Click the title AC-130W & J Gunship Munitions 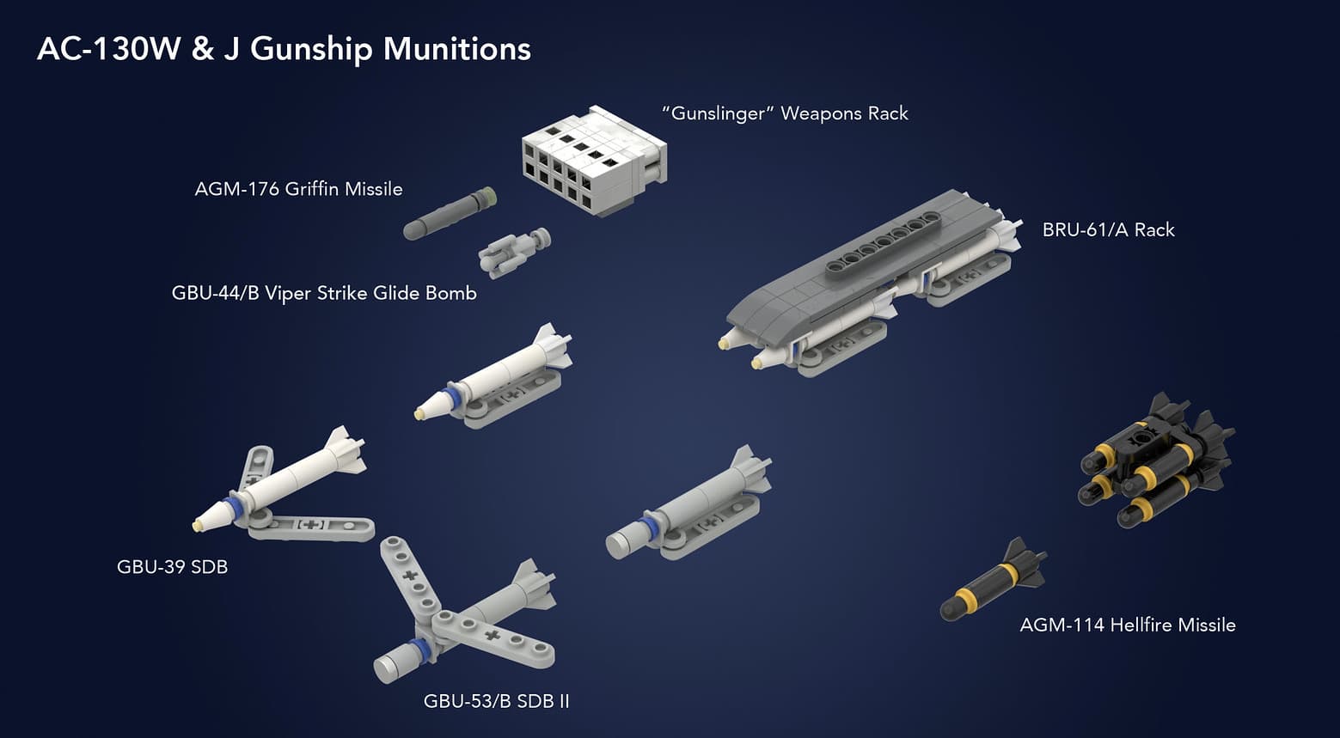pyautogui.click(x=284, y=49)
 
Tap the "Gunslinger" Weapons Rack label pyautogui.click(x=785, y=113)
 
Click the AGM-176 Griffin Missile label pyautogui.click(x=298, y=189)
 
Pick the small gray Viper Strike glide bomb pyautogui.click(x=514, y=253)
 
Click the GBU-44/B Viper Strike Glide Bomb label pyautogui.click(x=324, y=293)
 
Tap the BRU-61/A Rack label pyautogui.click(x=1108, y=230)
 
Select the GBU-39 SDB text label pyautogui.click(x=172, y=567)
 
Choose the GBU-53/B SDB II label pyautogui.click(x=496, y=701)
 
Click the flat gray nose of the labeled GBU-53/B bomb pyautogui.click(x=386, y=666)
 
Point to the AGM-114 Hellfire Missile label pyautogui.click(x=1127, y=625)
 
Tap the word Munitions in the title pyautogui.click(x=456, y=49)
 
